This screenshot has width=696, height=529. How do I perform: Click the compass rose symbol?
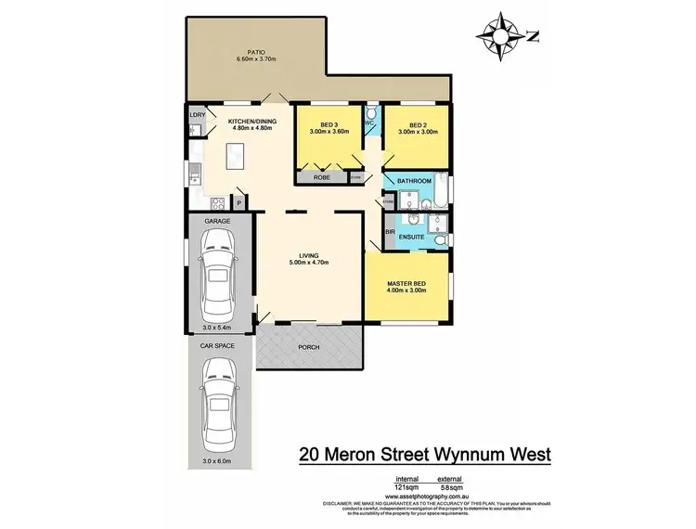click(497, 36)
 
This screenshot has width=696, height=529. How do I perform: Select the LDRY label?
click(197, 116)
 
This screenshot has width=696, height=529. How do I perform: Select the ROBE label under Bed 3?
click(323, 176)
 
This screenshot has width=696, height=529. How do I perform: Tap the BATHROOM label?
click(415, 182)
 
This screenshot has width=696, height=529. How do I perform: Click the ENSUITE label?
click(412, 238)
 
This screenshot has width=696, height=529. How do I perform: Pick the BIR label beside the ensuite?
click(390, 220)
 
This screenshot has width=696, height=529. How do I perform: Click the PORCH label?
click(309, 348)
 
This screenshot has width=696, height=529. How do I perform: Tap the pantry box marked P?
click(238, 202)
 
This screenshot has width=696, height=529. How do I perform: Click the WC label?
click(368, 122)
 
